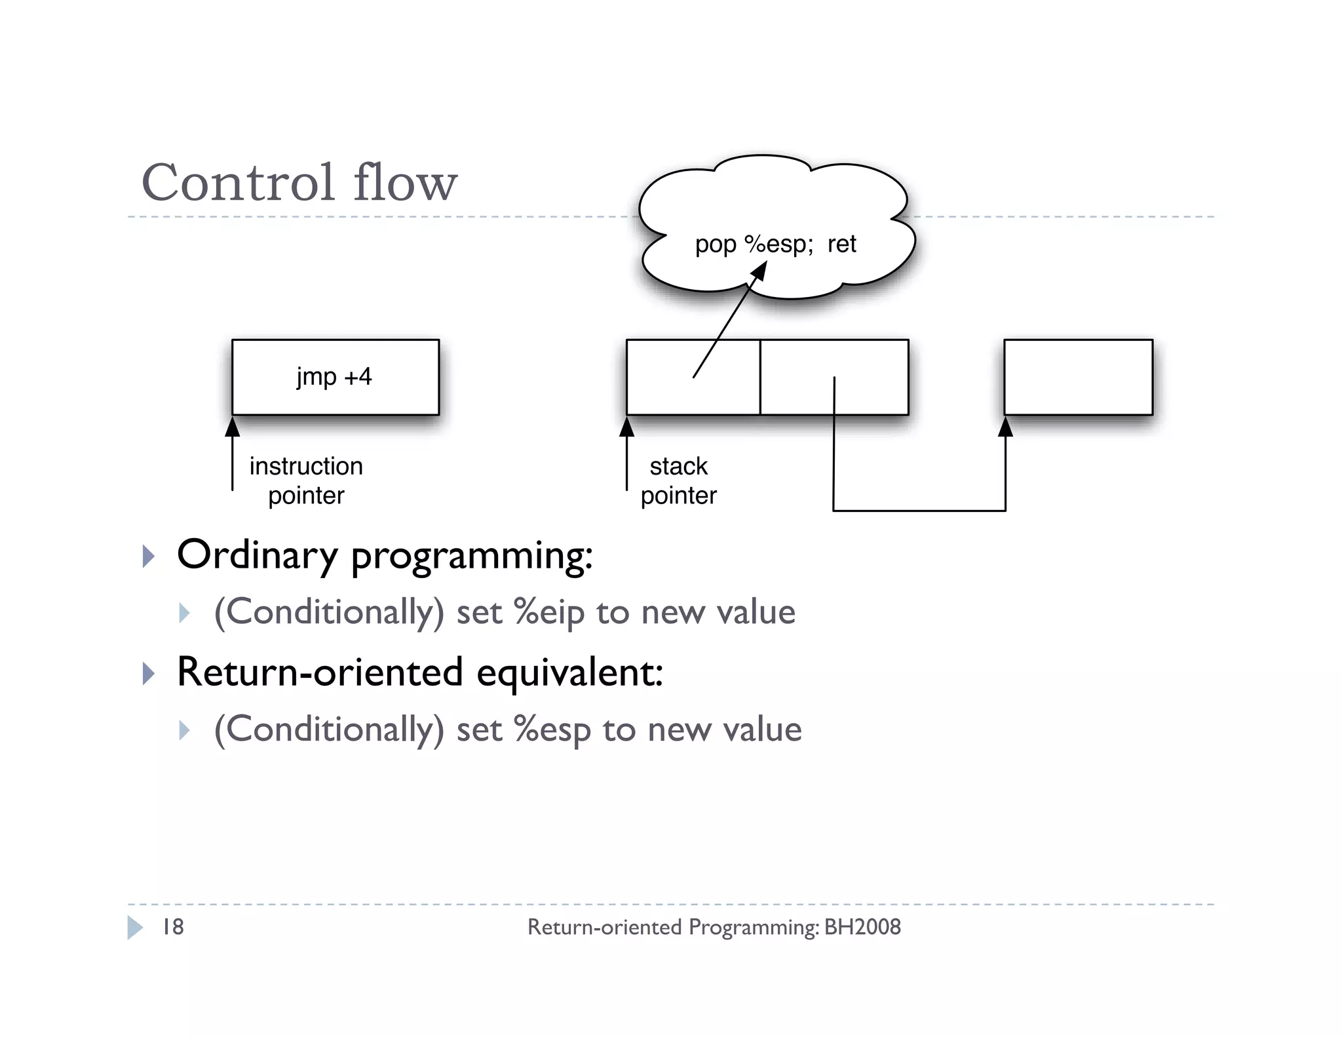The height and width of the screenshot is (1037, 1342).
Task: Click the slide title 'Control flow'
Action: [299, 183]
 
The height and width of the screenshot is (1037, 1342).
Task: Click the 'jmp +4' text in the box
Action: [334, 377]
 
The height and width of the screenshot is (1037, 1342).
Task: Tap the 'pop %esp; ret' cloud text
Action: [775, 244]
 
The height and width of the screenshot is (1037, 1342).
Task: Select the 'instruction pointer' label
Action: [306, 480]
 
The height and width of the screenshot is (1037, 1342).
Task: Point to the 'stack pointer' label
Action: [678, 480]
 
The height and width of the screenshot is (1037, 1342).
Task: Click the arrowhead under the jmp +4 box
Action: [233, 427]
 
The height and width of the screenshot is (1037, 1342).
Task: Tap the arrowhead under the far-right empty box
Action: [1005, 427]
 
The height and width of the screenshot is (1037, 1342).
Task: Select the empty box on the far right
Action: [1078, 377]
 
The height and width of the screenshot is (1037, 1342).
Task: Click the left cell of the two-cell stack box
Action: [662, 393]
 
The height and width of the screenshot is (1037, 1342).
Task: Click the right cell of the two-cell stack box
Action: [865, 361]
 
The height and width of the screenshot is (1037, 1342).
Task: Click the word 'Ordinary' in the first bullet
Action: [257, 555]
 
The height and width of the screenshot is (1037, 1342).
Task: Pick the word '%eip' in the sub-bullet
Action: [548, 613]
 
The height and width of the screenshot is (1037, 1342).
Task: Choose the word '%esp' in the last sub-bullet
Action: [552, 730]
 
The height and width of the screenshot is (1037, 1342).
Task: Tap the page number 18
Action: [173, 927]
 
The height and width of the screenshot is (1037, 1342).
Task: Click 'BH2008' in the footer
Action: [862, 927]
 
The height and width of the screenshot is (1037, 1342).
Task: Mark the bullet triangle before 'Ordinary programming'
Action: [148, 557]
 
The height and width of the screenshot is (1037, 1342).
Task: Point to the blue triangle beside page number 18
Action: [134, 927]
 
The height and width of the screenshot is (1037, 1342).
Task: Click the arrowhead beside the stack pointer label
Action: [626, 427]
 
